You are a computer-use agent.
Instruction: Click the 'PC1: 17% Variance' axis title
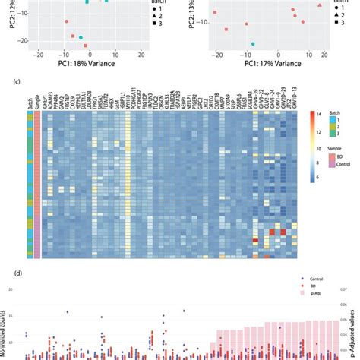(x=254, y=66)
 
